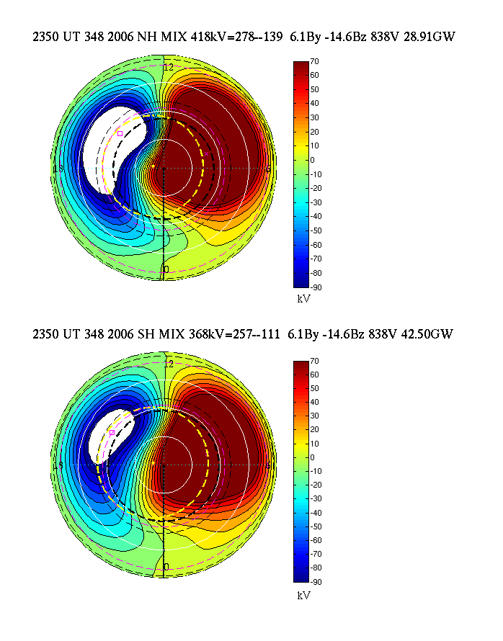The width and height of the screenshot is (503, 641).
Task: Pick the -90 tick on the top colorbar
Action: coord(317,287)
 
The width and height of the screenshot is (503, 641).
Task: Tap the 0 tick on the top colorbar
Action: coord(314,160)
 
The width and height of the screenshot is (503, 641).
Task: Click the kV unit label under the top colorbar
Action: coord(303,297)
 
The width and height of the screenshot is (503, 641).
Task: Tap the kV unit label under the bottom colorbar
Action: coord(303,596)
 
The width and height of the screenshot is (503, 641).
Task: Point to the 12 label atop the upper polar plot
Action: coord(169,66)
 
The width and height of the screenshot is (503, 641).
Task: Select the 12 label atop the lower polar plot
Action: coord(169,364)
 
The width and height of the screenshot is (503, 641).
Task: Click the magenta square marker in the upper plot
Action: coord(120,133)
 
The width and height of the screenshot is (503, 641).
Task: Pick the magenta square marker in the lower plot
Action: coord(112,432)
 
